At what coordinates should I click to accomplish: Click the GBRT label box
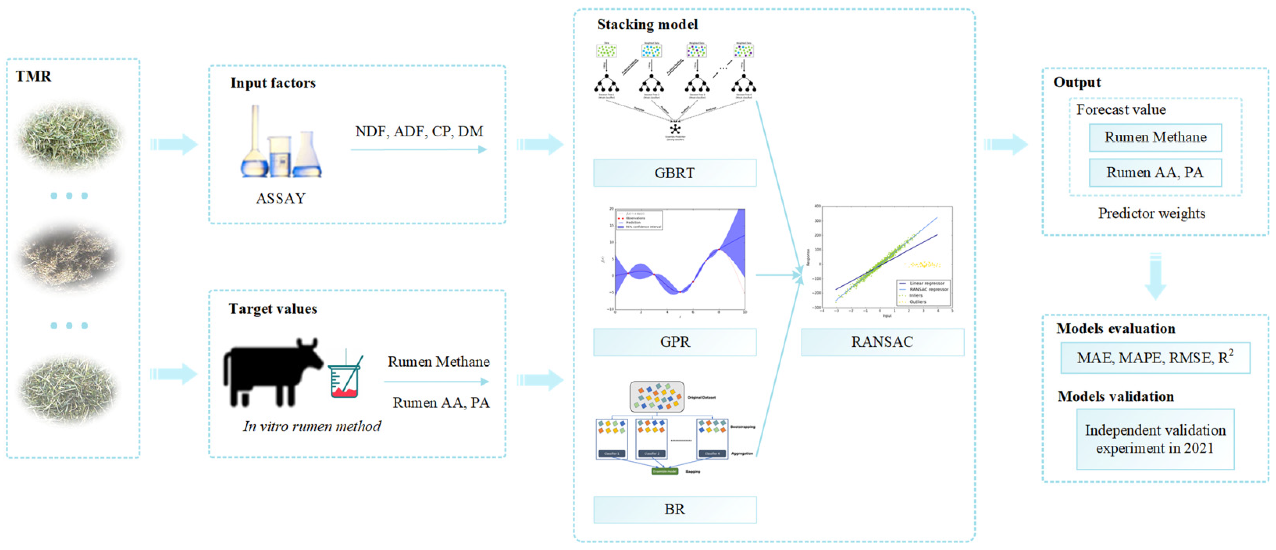pyautogui.click(x=675, y=173)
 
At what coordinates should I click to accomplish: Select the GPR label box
pyautogui.click(x=675, y=342)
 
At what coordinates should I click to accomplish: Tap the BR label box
pyautogui.click(x=675, y=509)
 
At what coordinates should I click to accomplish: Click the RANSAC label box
pyautogui.click(x=882, y=342)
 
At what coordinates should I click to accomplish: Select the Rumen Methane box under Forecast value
pyautogui.click(x=1155, y=137)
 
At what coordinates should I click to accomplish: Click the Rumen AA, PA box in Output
pyautogui.click(x=1155, y=172)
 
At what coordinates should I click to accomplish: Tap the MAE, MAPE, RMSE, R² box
pyautogui.click(x=1155, y=358)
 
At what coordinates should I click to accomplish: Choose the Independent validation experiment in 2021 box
pyautogui.click(x=1155, y=439)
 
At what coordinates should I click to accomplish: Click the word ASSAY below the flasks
pyautogui.click(x=280, y=199)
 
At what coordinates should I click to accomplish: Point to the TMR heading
pyautogui.click(x=33, y=76)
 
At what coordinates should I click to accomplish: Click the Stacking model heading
pyautogui.click(x=647, y=24)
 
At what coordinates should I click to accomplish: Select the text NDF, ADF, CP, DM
pyautogui.click(x=419, y=131)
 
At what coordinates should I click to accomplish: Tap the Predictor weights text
pyautogui.click(x=1152, y=214)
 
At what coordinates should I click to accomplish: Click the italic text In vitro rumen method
pyautogui.click(x=312, y=427)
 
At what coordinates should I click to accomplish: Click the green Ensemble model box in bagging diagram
pyautogui.click(x=664, y=471)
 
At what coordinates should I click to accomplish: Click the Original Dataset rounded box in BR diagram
pyautogui.click(x=657, y=397)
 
